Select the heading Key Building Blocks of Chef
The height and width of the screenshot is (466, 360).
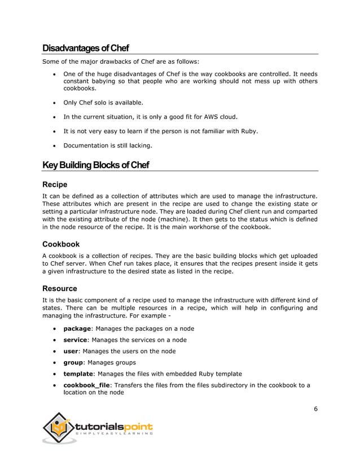[x=95, y=165]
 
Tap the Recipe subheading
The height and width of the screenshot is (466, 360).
[x=55, y=184]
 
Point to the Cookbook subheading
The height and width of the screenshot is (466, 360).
[x=61, y=244]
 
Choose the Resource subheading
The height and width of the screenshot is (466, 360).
[x=60, y=288]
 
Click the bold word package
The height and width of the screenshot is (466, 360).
[x=77, y=328]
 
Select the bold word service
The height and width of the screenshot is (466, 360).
[x=76, y=340]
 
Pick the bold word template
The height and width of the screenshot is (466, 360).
[x=78, y=373]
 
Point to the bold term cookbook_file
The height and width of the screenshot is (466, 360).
[x=86, y=385]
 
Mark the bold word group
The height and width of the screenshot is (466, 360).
[x=74, y=362]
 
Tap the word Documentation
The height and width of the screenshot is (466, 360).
[x=86, y=146]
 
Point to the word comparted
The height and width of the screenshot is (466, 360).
[x=300, y=212]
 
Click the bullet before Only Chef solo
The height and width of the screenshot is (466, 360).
[x=53, y=103]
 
